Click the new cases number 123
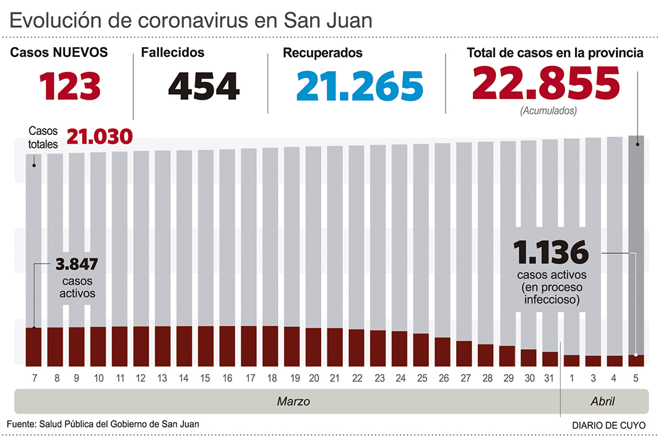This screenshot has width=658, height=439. coord(70,86)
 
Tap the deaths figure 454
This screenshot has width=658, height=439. coord(204,86)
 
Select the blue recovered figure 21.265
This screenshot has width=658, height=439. coord(360,86)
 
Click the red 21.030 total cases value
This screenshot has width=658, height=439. coord(100,136)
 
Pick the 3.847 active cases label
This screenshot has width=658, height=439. coord(77,264)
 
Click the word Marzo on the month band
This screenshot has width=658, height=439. coord(293,402)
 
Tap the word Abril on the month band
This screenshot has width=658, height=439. coord(602,402)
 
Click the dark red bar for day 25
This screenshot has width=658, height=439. coord(421,350)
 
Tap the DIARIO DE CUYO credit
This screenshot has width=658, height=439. coord(607,425)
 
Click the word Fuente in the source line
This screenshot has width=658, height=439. coord(21,424)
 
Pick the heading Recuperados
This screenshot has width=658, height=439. coord(323,53)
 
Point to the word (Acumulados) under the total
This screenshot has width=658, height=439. coord(548,111)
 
